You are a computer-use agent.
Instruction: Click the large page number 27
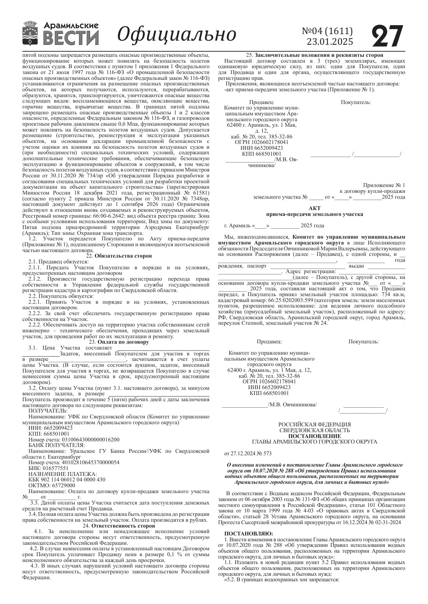point(387,36)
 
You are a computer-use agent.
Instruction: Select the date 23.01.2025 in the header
point(330,42)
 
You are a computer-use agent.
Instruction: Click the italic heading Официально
point(177,34)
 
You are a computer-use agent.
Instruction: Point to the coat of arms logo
point(30,33)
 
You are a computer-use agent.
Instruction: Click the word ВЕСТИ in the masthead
point(71,38)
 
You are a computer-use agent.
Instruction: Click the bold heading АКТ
point(315,208)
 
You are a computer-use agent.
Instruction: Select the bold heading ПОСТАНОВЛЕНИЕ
point(315,436)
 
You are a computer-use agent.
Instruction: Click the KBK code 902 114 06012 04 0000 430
point(67,480)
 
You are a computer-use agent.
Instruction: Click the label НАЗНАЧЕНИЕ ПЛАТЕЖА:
point(62,474)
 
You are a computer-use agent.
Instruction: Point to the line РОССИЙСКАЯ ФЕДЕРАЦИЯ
point(315,425)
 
